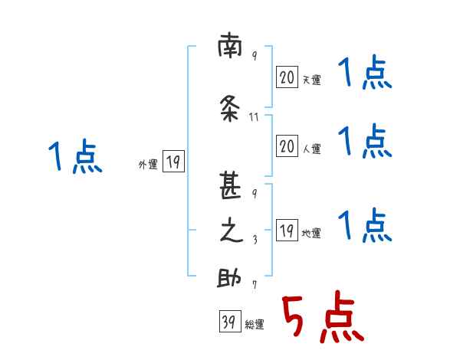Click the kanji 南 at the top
coord(230,48)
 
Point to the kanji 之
coord(231,231)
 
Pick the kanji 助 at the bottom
coord(230,279)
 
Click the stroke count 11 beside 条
coord(255,117)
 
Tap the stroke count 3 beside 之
coord(255,238)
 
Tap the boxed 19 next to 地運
coord(287,231)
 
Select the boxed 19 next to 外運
coord(173,161)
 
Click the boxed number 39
coord(228,322)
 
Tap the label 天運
coord(311,80)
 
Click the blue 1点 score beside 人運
coord(364,142)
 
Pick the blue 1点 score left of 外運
coord(74,157)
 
